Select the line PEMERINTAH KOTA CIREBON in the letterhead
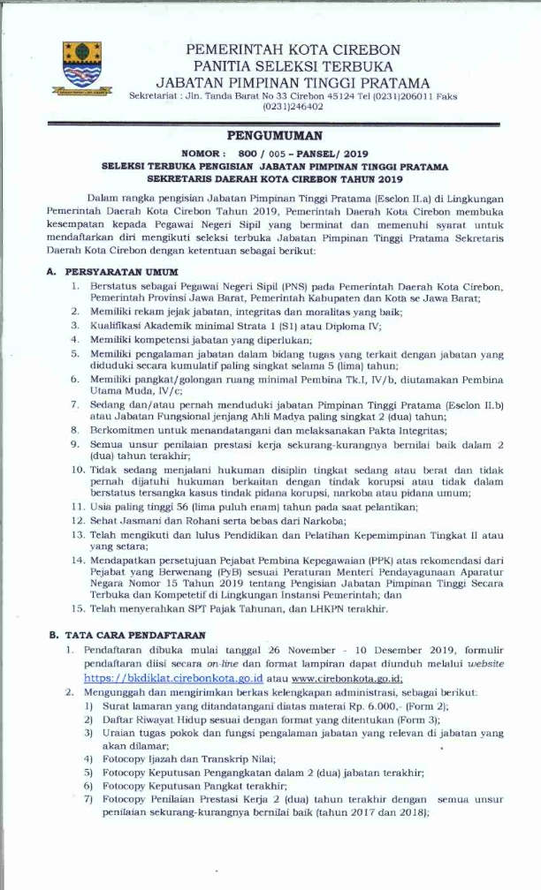[293, 49]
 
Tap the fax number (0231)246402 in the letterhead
[293, 106]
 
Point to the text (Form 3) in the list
[422, 720]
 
